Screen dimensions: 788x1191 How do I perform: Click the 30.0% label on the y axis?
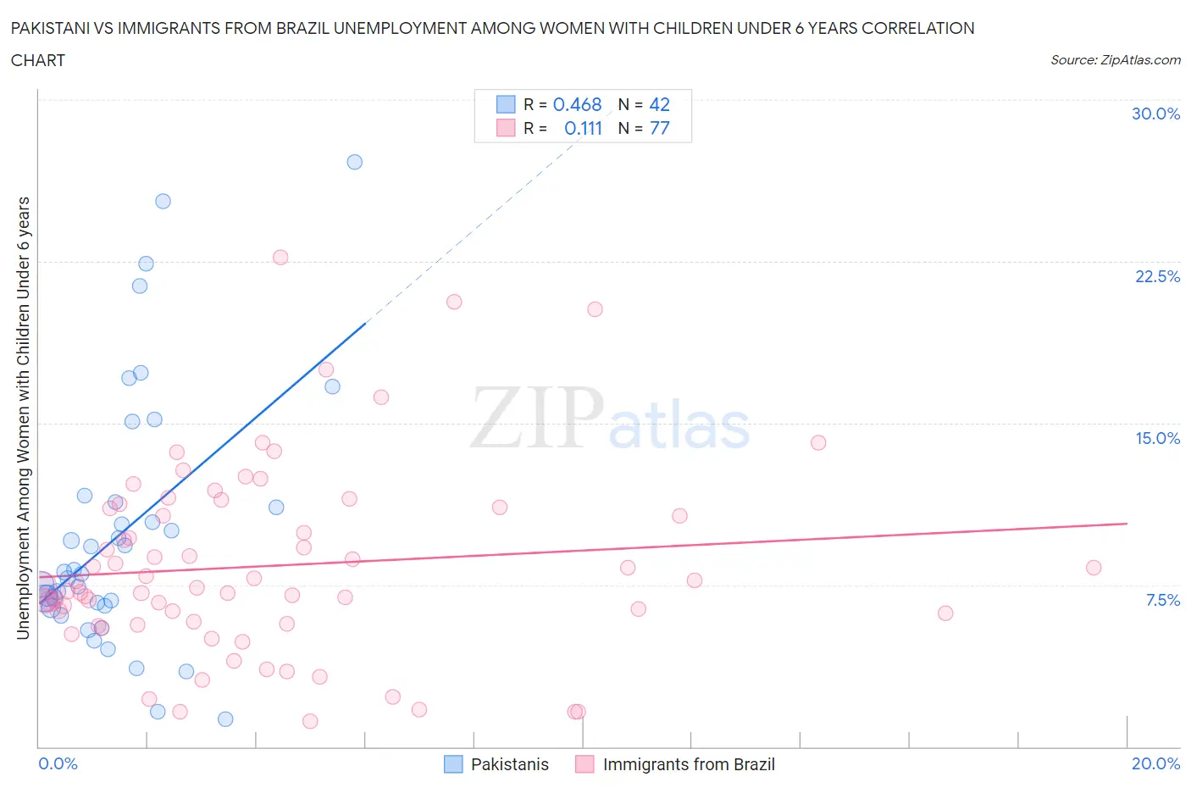tap(1155, 114)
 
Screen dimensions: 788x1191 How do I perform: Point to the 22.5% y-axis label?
tap(1157, 276)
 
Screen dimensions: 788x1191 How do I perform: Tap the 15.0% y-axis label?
tap(1157, 438)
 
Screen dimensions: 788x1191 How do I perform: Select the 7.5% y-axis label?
tap(1162, 600)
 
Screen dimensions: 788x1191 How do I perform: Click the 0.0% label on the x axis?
tap(58, 763)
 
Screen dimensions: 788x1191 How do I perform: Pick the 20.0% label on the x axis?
tap(1155, 763)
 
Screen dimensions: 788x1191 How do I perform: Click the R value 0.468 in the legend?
tap(577, 104)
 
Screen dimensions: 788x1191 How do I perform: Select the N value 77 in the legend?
tap(659, 128)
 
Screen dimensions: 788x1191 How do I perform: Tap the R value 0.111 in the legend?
tap(583, 128)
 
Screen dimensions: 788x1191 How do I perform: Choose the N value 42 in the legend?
tap(659, 104)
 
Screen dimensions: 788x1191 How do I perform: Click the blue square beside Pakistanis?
tap(454, 764)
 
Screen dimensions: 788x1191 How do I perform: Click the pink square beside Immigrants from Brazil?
tap(584, 764)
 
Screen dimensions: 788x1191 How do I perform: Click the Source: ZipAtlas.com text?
tap(1115, 59)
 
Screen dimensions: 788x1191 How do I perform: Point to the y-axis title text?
tap(24, 418)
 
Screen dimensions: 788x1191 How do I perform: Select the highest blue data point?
tap(355, 162)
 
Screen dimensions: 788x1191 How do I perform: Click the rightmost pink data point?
tap(1094, 568)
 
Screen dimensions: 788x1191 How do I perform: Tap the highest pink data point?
tap(280, 257)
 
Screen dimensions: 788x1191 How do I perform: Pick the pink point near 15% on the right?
tap(818, 442)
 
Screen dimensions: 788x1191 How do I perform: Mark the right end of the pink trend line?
tap(1127, 524)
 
